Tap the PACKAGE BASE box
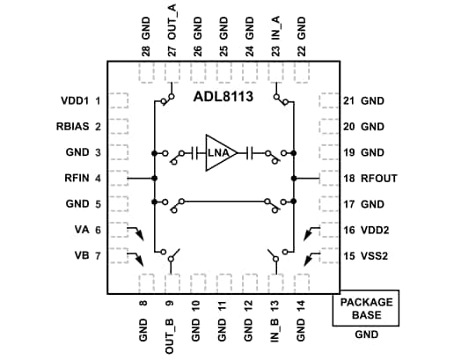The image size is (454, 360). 364,308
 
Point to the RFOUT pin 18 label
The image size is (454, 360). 369,179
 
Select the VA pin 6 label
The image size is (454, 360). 84,231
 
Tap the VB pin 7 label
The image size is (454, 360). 84,256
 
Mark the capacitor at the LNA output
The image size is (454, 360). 251,153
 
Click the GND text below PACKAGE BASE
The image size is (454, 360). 364,335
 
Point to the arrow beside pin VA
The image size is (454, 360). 136,233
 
